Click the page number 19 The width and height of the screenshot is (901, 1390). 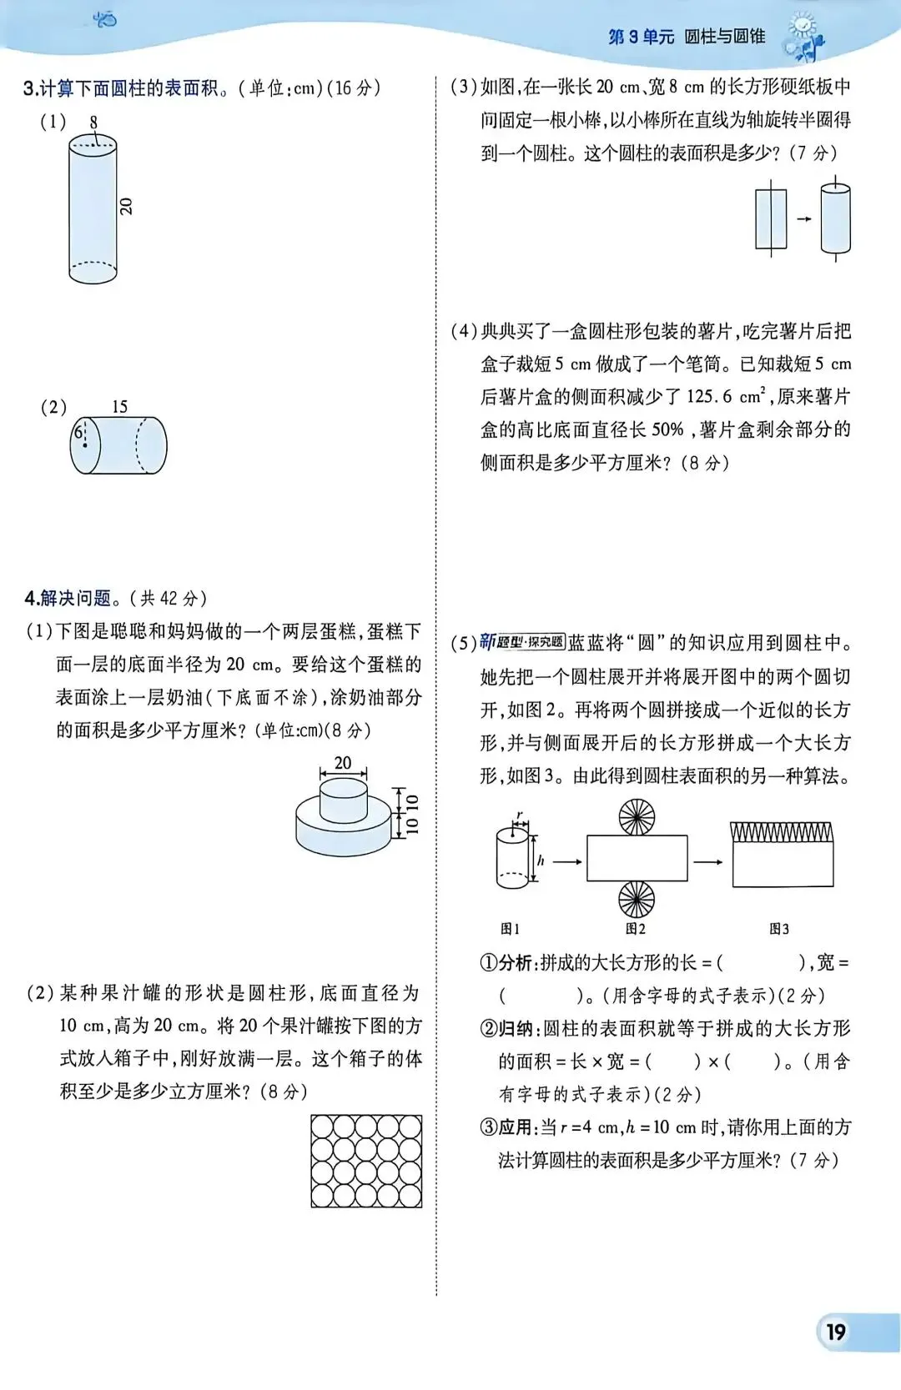pos(836,1332)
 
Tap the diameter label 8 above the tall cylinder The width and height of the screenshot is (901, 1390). pos(93,123)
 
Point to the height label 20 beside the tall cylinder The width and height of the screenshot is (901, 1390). pos(126,206)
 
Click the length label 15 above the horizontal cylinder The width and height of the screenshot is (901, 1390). pos(119,407)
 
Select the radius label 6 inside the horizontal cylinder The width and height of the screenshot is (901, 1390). pos(78,432)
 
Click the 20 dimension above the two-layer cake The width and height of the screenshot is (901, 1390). pos(343,763)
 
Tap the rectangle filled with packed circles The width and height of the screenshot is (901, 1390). pos(366,1162)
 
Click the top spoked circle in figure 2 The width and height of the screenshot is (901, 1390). pos(637,817)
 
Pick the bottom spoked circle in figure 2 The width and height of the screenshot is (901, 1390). pos(637,900)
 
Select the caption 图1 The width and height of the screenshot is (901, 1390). pos(510,929)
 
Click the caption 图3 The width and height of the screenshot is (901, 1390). pos(778,929)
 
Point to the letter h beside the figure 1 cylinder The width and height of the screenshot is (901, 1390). pos(541,861)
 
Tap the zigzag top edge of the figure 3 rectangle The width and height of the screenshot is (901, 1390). pos(782,832)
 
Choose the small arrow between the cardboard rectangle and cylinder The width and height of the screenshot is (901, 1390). pos(804,219)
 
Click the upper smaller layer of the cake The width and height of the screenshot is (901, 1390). pos(343,800)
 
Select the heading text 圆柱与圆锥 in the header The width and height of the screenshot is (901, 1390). pos(724,37)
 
